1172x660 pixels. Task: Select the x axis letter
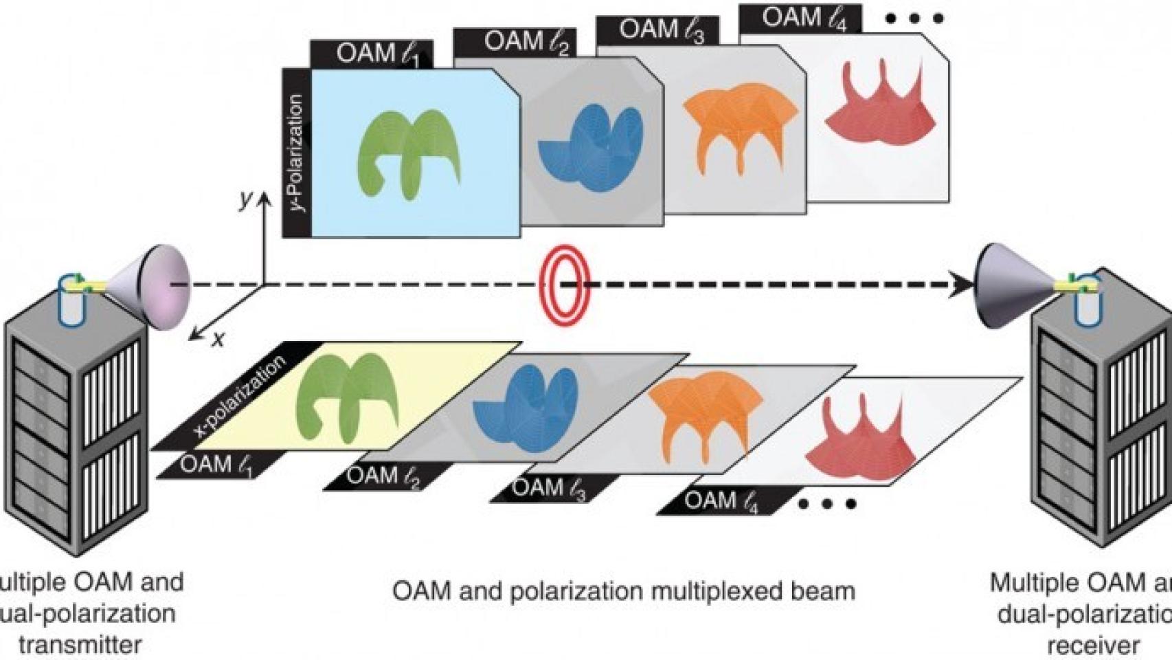click(x=218, y=339)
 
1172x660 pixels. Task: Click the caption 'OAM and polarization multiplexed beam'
click(x=624, y=591)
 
